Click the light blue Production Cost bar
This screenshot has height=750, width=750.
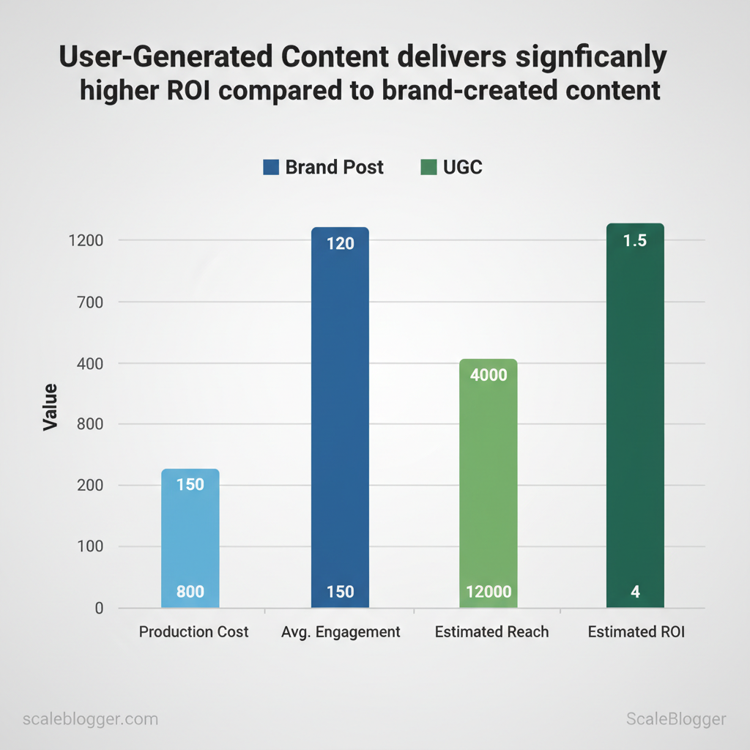pyautogui.click(x=190, y=538)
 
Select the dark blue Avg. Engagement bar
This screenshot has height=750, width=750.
pyautogui.click(x=340, y=417)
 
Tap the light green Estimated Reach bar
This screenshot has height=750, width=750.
pyautogui.click(x=489, y=483)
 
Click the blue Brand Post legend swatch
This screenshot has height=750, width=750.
pyautogui.click(x=271, y=168)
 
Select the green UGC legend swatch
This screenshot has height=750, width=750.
pyautogui.click(x=428, y=168)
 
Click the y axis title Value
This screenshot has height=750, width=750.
pyautogui.click(x=50, y=407)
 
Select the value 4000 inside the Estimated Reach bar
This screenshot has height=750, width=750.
pyautogui.click(x=489, y=375)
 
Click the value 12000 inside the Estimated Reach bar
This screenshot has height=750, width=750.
pyautogui.click(x=489, y=592)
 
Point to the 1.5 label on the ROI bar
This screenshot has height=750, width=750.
pyautogui.click(x=635, y=240)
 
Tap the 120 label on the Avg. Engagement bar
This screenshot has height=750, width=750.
pyautogui.click(x=340, y=243)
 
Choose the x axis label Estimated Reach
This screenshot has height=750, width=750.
pyautogui.click(x=491, y=631)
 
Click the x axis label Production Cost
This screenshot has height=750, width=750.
pyautogui.click(x=193, y=631)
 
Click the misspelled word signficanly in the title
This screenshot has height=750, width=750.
pyautogui.click(x=579, y=59)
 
